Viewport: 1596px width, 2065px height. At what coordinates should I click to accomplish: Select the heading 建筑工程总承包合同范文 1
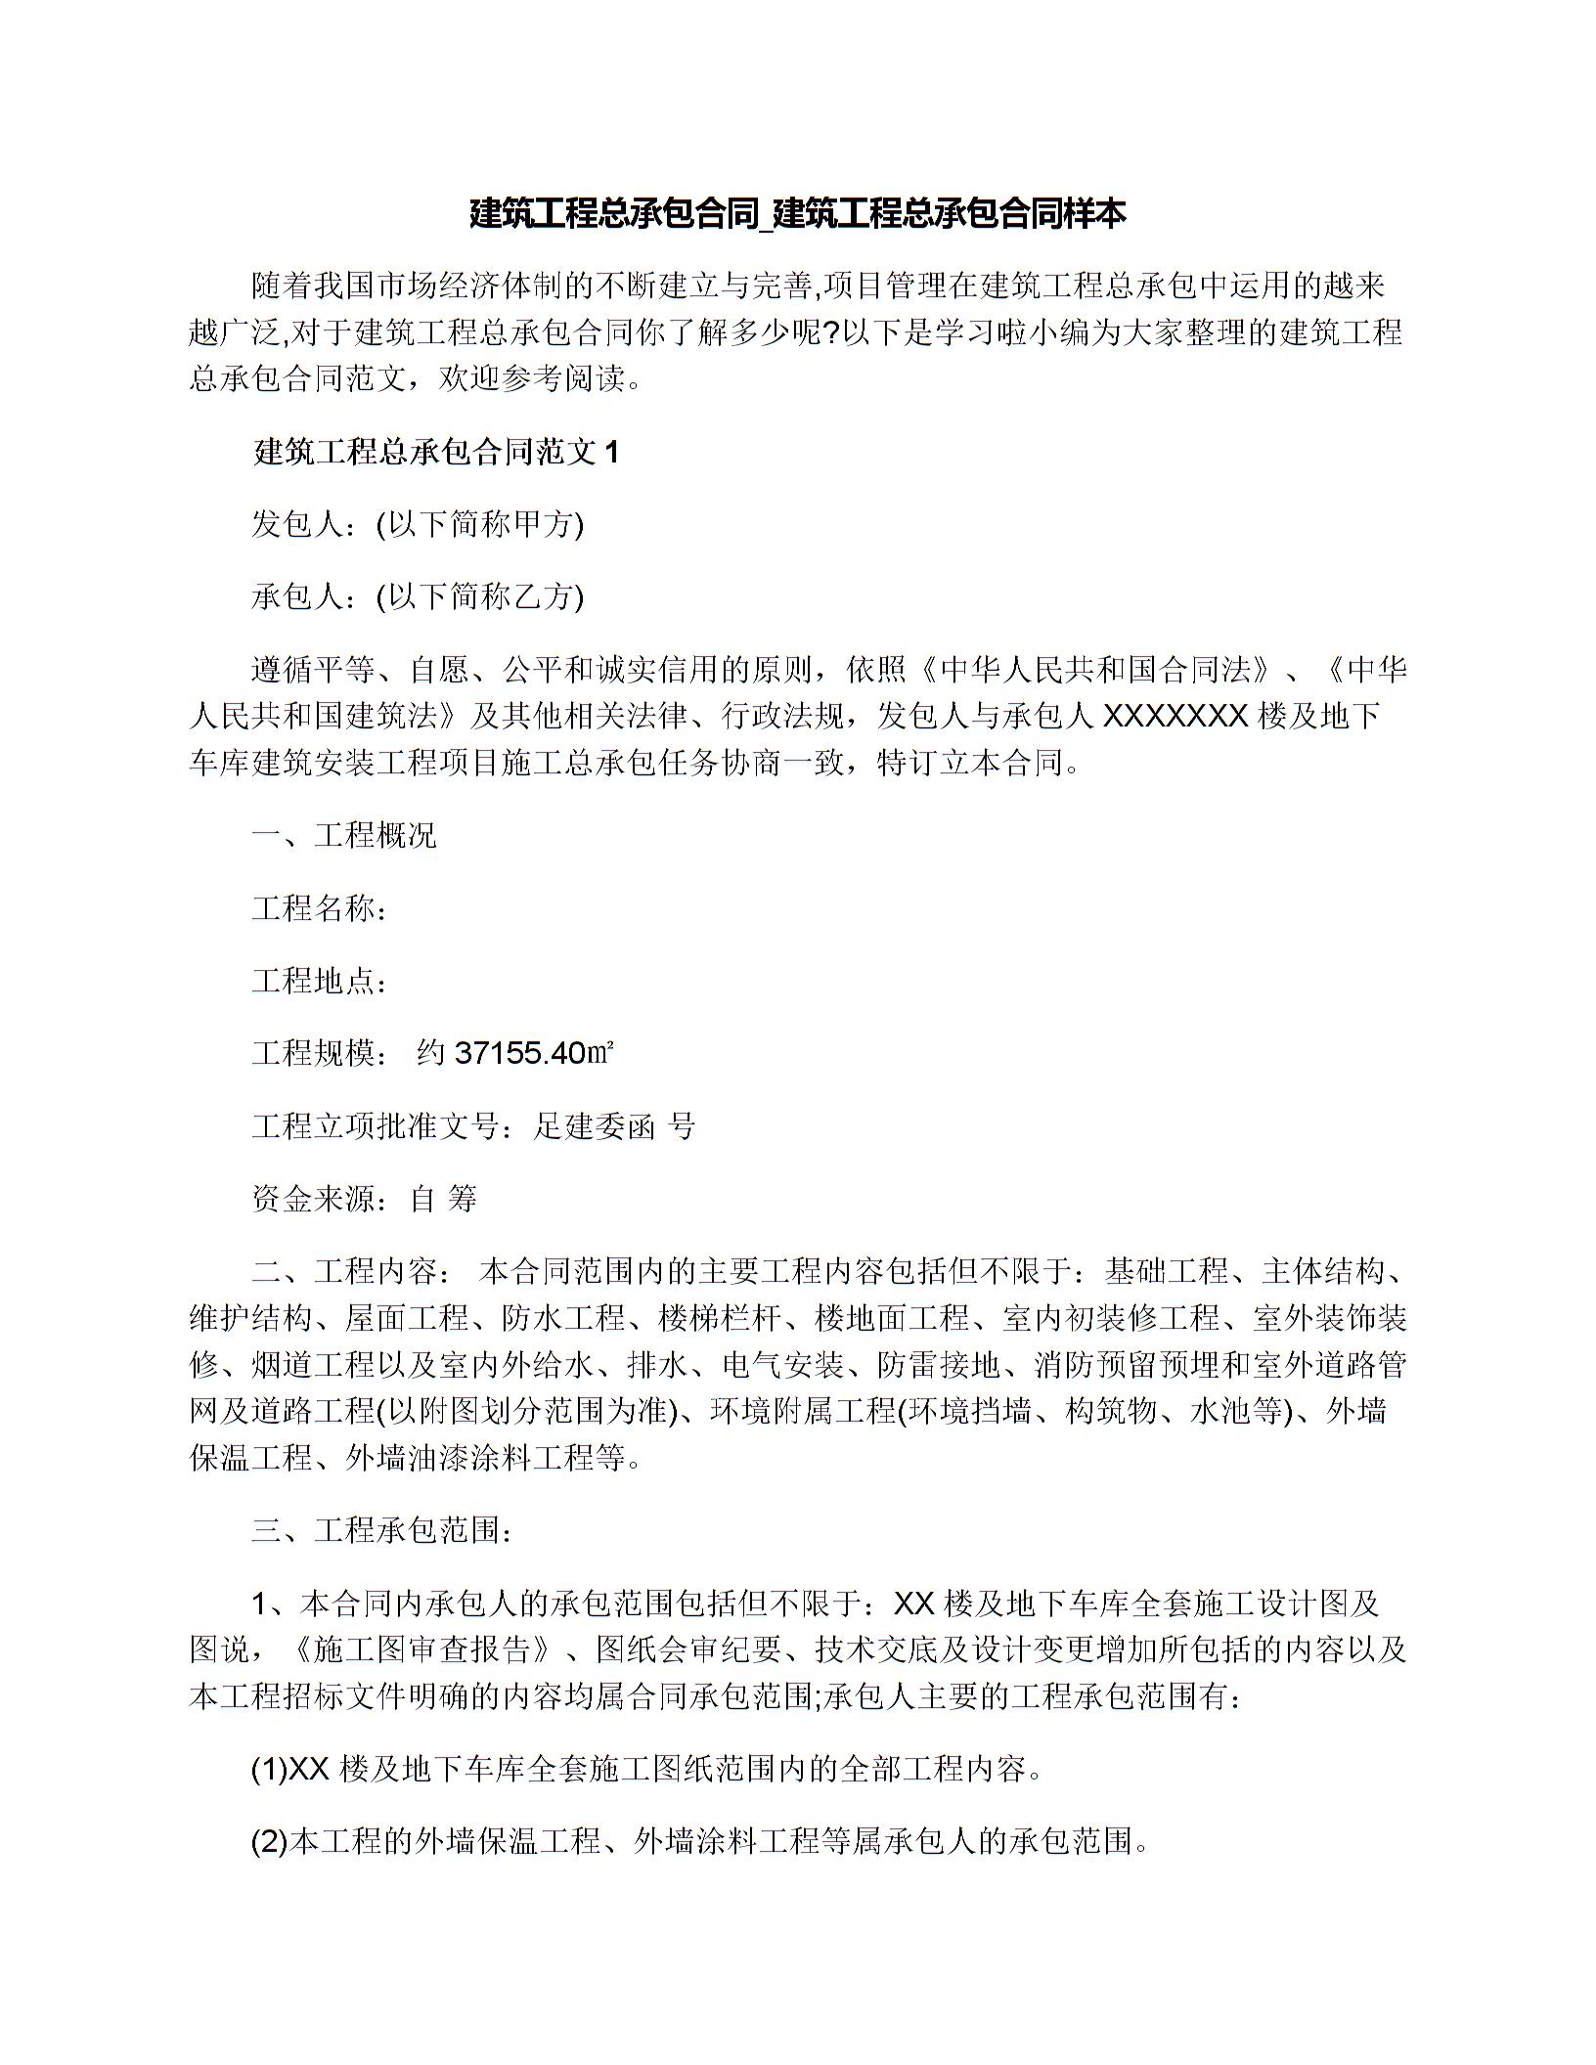point(436,452)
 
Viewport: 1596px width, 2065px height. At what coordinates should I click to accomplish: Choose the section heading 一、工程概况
point(344,836)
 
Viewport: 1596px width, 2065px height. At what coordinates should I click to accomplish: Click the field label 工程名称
point(313,908)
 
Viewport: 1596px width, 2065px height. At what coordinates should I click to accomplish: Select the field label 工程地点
point(313,981)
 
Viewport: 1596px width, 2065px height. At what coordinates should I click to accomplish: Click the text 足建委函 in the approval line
point(594,1126)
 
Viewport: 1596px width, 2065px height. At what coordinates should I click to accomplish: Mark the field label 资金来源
point(313,1199)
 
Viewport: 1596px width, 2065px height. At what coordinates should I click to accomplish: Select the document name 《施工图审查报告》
point(431,1650)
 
